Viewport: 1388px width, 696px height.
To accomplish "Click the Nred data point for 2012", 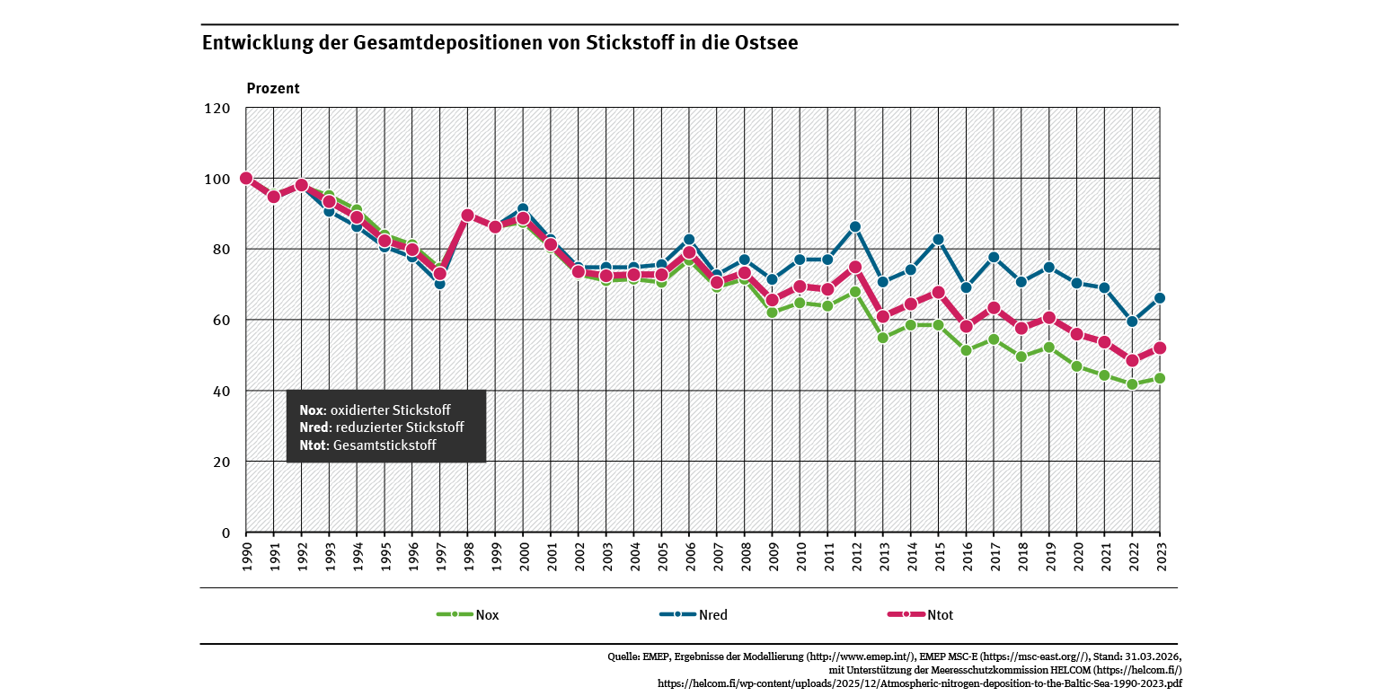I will [855, 227].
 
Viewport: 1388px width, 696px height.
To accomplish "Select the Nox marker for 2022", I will [1132, 384].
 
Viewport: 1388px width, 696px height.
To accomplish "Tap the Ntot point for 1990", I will [246, 179].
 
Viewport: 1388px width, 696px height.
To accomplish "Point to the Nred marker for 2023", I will [1160, 298].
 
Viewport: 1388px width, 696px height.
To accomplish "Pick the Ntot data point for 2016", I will [966, 327].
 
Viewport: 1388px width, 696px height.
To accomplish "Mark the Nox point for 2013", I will [883, 338].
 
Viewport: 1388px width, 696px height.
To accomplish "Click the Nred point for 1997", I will [440, 284].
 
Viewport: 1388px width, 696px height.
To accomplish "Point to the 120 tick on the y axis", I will [219, 109].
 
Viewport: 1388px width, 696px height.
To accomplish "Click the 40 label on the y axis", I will [221, 392].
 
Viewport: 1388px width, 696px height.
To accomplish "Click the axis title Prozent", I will [273, 89].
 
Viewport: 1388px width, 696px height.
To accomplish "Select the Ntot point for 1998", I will [467, 216].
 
